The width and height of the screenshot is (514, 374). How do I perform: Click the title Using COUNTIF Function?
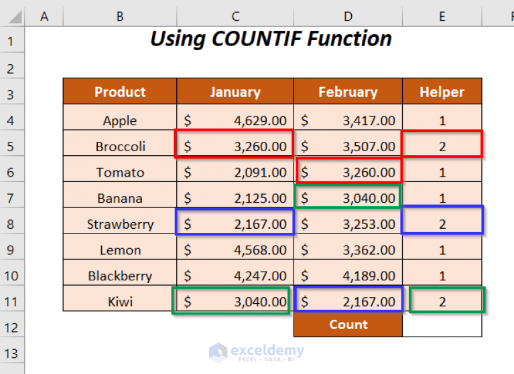click(271, 39)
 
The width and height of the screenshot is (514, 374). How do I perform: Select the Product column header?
click(120, 92)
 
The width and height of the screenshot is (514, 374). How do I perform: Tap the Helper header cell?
click(442, 92)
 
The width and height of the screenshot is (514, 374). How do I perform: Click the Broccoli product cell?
click(120, 147)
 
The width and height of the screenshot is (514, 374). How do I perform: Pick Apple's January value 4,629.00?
click(235, 121)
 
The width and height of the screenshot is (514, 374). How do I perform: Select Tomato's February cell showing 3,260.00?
click(348, 172)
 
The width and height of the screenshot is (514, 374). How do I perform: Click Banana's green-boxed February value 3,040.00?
click(348, 198)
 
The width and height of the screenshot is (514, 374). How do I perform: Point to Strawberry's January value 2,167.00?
click(235, 223)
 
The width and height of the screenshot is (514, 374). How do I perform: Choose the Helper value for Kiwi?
click(442, 302)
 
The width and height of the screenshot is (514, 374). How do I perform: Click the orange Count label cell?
click(348, 325)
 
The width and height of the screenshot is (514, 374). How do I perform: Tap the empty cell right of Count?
click(442, 325)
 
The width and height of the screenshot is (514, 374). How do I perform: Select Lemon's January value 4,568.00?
click(235, 250)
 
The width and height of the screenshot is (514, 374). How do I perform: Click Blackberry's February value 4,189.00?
click(348, 276)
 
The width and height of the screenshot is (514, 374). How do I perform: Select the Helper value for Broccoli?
click(442, 147)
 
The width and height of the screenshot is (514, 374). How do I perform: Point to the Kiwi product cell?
click(120, 302)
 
